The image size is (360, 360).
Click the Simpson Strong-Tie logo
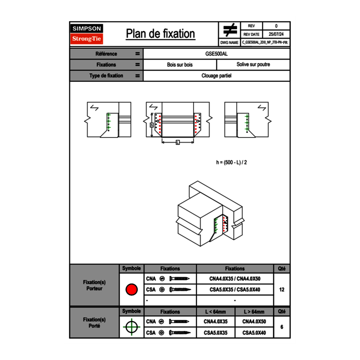[x=87, y=34]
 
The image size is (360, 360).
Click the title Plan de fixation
[x=160, y=34]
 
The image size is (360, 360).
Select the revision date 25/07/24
[x=276, y=34]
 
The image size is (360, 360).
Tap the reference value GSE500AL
[x=216, y=54]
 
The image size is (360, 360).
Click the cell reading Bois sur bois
[x=180, y=65]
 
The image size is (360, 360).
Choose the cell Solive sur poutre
[x=253, y=65]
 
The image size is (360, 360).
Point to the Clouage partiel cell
[x=216, y=76]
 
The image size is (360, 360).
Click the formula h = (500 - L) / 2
[x=232, y=162]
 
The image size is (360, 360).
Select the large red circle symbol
[x=131, y=290]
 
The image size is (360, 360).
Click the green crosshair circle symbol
[x=131, y=327]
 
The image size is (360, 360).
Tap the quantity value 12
[x=281, y=290]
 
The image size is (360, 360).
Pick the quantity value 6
[x=281, y=327]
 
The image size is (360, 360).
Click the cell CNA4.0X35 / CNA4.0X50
[x=235, y=279]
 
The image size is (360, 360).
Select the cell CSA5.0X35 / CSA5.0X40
[x=235, y=290]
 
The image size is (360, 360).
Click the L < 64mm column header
[x=216, y=312]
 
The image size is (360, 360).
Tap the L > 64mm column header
[x=254, y=312]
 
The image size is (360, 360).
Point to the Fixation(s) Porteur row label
[x=94, y=285]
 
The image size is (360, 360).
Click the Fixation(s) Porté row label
[x=94, y=323]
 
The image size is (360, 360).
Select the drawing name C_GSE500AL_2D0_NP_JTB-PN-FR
[x=265, y=43]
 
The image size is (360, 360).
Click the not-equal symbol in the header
[x=230, y=30]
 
